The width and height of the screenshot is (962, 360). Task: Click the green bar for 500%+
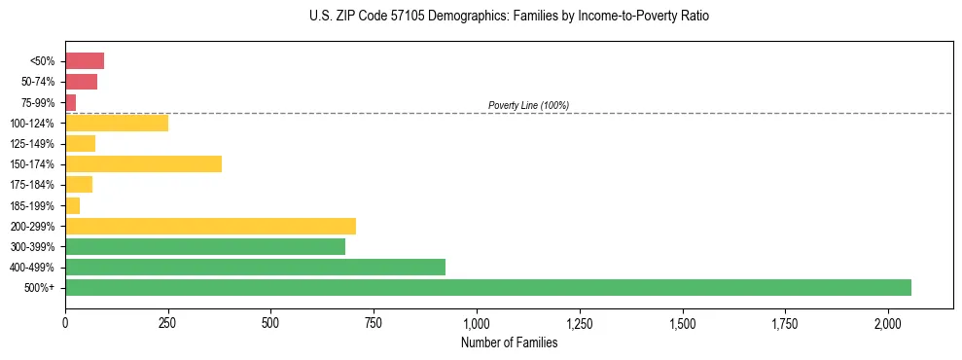[x=487, y=287]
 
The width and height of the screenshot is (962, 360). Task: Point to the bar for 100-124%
[x=117, y=123]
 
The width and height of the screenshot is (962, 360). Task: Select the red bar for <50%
[x=85, y=60]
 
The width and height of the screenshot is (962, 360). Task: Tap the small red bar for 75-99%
[x=70, y=102]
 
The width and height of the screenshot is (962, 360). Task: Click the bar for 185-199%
[x=73, y=205]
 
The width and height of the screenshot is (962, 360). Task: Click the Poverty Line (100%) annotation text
[x=528, y=105]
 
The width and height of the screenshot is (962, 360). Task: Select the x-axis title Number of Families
[x=509, y=342]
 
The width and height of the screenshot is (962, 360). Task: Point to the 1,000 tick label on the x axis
[x=477, y=322]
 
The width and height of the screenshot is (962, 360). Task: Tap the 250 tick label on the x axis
[x=168, y=322]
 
